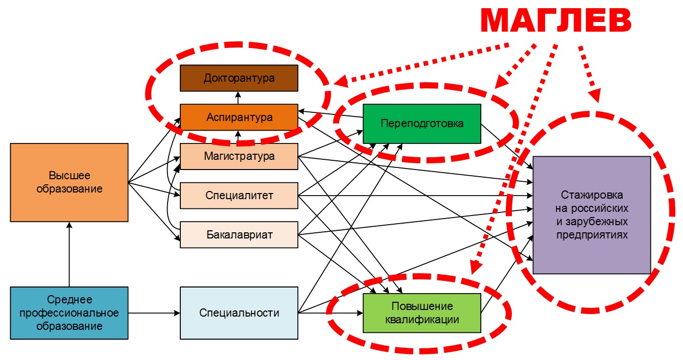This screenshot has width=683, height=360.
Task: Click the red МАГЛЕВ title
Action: pyautogui.click(x=556, y=22)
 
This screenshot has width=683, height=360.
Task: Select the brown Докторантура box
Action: pyautogui.click(x=239, y=78)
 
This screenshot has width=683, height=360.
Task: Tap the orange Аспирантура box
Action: pyautogui.click(x=239, y=117)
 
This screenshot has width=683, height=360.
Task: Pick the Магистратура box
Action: pyautogui.click(x=239, y=156)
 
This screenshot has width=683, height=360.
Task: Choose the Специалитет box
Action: pyautogui.click(x=239, y=196)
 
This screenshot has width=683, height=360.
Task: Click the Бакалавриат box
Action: pyautogui.click(x=239, y=235)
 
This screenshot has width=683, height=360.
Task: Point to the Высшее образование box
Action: pyautogui.click(x=69, y=182)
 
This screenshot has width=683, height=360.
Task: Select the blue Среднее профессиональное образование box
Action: pyautogui.click(x=69, y=313)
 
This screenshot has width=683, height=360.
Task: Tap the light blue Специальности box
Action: pyautogui.click(x=239, y=313)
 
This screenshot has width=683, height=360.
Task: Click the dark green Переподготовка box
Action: pyautogui.click(x=421, y=124)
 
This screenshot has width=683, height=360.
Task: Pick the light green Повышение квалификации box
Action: pyautogui.click(x=421, y=313)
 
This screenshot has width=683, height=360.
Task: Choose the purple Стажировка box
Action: pyautogui.click(x=591, y=215)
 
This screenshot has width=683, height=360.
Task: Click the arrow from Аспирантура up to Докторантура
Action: pyautogui.click(x=239, y=98)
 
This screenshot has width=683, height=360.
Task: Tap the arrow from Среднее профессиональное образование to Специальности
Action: pyautogui.click(x=154, y=313)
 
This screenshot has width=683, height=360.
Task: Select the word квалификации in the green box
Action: pyautogui.click(x=422, y=320)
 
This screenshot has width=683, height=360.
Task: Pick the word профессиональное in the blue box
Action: pyautogui.click(x=69, y=313)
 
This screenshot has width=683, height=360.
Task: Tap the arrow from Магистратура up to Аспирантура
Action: pyautogui.click(x=239, y=137)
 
